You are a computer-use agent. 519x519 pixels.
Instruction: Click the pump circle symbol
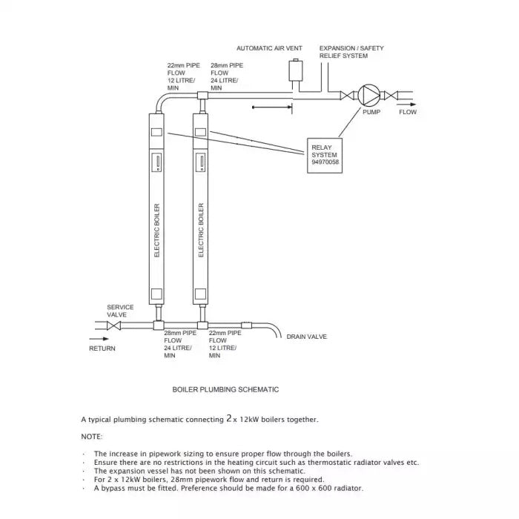pyautogui.click(x=369, y=95)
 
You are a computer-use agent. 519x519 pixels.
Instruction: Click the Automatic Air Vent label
pyautogui.click(x=269, y=48)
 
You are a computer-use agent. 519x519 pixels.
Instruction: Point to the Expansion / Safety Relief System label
pyautogui.click(x=351, y=52)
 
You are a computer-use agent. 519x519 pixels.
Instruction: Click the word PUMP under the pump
pyautogui.click(x=371, y=112)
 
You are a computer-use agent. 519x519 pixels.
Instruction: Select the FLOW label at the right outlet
pyautogui.click(x=408, y=112)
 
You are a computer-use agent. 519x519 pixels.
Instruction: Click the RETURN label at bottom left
pyautogui.click(x=102, y=348)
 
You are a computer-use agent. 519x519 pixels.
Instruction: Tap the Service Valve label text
pyautogui.click(x=120, y=311)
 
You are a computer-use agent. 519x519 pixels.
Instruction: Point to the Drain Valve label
pyautogui.click(x=306, y=337)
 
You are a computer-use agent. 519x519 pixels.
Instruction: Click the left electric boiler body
pyautogui.click(x=156, y=208)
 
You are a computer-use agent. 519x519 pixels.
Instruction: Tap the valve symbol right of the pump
pyautogui.click(x=393, y=95)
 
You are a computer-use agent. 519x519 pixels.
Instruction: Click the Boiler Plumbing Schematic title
pyautogui.click(x=225, y=389)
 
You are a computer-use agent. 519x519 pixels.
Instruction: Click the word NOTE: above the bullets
pyautogui.click(x=92, y=437)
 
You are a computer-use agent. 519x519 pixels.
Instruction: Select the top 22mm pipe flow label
pyautogui.click(x=183, y=76)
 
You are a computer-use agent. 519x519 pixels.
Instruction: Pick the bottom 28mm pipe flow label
pyautogui.click(x=180, y=345)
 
